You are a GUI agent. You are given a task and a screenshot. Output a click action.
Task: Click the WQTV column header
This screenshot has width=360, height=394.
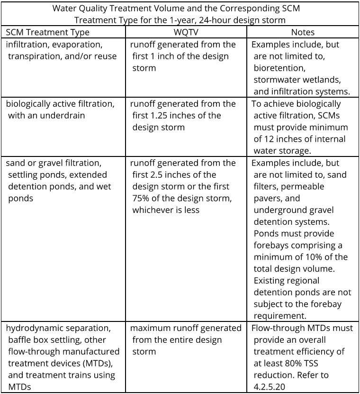(187, 32)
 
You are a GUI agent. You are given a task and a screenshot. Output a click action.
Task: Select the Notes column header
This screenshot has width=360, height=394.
(303, 32)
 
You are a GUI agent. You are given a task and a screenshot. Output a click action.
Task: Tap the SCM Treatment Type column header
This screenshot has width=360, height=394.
(47, 32)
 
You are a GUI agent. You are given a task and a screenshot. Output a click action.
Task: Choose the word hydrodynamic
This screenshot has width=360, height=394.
(35, 328)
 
